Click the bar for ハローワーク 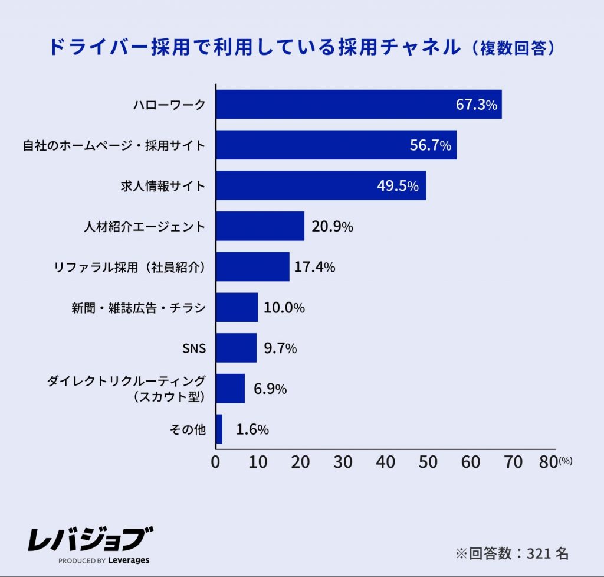[x=359, y=105]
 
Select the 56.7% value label [x=431, y=145]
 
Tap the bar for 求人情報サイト [x=321, y=186]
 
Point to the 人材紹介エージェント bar [x=260, y=226]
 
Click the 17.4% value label [x=314, y=267]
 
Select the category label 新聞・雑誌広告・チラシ [x=135, y=308]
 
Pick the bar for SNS [x=236, y=348]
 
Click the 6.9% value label [x=270, y=389]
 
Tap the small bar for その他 [x=219, y=429]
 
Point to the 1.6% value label [x=252, y=429]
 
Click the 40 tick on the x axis [x=386, y=462]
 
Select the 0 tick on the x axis [x=216, y=462]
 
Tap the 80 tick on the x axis [x=549, y=462]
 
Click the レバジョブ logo [x=90, y=538]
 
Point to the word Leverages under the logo [x=129, y=560]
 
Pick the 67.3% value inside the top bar [x=477, y=105]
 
